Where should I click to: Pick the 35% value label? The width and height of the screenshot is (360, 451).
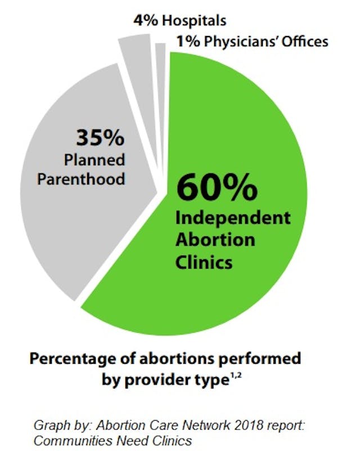coord(100,139)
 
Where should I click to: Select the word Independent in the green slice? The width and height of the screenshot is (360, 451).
coord(233,218)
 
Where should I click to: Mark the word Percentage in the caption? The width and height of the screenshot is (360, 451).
coord(84,359)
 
